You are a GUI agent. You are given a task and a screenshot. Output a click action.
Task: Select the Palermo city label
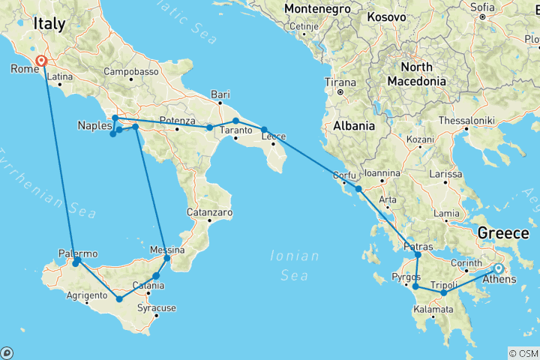77,253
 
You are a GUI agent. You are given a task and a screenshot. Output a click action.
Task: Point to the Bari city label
220,94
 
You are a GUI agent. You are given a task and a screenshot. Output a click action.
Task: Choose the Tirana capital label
340,82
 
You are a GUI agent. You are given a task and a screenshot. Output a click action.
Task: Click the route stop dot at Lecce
264,130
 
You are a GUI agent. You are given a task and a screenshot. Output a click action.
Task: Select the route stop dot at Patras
418,255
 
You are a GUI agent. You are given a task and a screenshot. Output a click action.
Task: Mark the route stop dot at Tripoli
444,292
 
